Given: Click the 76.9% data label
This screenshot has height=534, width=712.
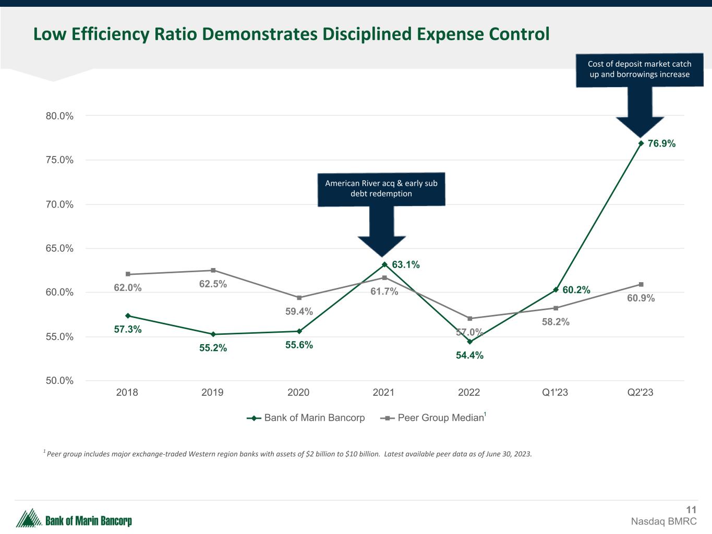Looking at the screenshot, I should pyautogui.click(x=661, y=143).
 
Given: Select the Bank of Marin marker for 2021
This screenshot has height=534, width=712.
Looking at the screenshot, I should pyautogui.click(x=384, y=264).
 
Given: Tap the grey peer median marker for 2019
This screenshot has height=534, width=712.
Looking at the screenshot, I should pyautogui.click(x=213, y=270).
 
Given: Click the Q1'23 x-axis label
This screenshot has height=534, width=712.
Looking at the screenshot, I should pyautogui.click(x=555, y=393).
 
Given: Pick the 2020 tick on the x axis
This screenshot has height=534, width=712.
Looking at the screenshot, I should pyautogui.click(x=298, y=393).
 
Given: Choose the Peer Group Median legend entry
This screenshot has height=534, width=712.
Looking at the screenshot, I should pyautogui.click(x=440, y=418).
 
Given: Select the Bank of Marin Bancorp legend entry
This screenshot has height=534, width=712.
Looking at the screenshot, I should pyautogui.click(x=314, y=418).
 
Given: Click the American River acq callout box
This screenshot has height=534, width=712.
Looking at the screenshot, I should pyautogui.click(x=381, y=188).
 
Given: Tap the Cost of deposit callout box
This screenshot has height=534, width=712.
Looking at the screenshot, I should pyautogui.click(x=639, y=69).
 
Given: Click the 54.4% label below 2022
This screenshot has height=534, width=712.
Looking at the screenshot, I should pyautogui.click(x=469, y=356).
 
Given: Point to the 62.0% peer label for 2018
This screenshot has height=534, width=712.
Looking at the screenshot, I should pyautogui.click(x=128, y=287).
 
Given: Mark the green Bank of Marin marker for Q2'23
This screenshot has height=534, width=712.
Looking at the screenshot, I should pyautogui.click(x=641, y=143).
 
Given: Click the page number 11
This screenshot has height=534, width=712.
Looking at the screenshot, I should pyautogui.click(x=691, y=510).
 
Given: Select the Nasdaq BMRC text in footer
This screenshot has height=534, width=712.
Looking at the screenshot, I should pyautogui.click(x=663, y=521).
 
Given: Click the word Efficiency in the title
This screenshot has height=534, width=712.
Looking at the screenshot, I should pyautogui.click(x=114, y=34).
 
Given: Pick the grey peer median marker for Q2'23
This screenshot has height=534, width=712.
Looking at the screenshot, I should pyautogui.click(x=641, y=284).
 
